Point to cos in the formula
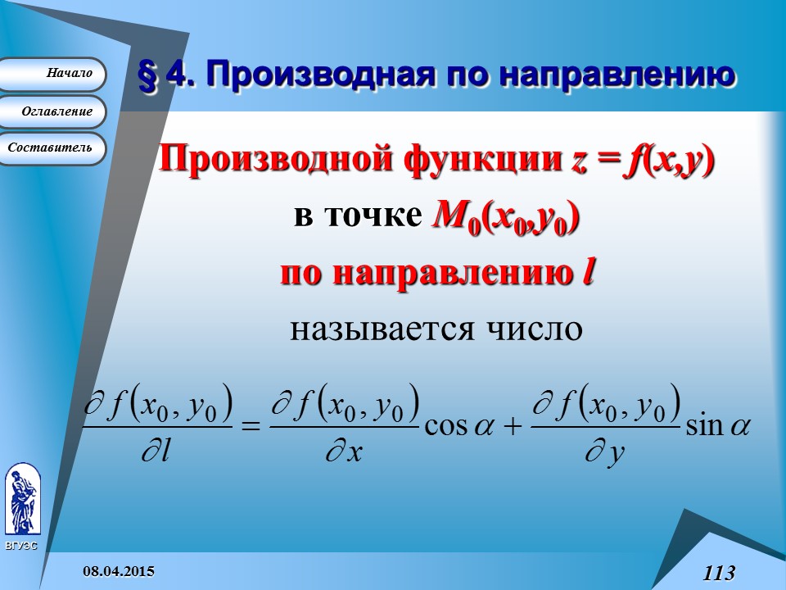pos(445,427)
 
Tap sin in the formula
pos(705,427)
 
